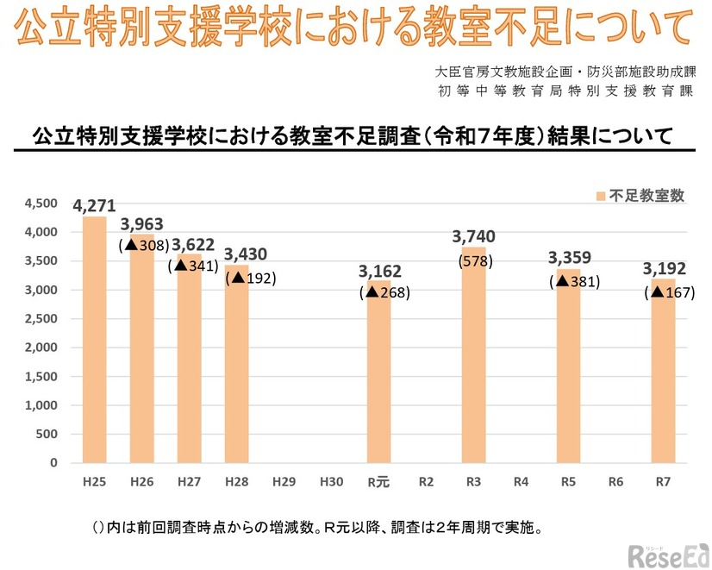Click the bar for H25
coord(95,341)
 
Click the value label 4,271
coord(95,206)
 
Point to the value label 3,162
coord(378,272)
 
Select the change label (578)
coord(474,260)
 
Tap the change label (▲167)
coord(669,292)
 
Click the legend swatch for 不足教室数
coord(600,196)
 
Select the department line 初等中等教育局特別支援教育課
coord(565,91)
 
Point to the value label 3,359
coord(568,260)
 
